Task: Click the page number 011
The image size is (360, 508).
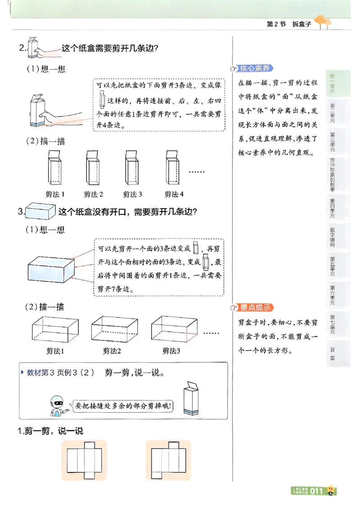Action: pyautogui.click(x=316, y=491)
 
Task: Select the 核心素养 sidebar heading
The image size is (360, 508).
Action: pyautogui.click(x=254, y=68)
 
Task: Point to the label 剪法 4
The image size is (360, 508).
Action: pyautogui.click(x=174, y=194)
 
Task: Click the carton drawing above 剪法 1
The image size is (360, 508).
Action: pyautogui.click(x=54, y=168)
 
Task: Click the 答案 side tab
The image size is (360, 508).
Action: pyautogui.click(x=332, y=354)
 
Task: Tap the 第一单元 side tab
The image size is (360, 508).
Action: pyautogui.click(x=332, y=84)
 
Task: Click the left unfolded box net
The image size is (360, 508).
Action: pyautogui.click(x=84, y=460)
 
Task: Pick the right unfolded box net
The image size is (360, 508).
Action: pyautogui.click(x=168, y=460)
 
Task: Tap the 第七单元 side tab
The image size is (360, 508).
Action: pyautogui.click(x=332, y=324)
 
